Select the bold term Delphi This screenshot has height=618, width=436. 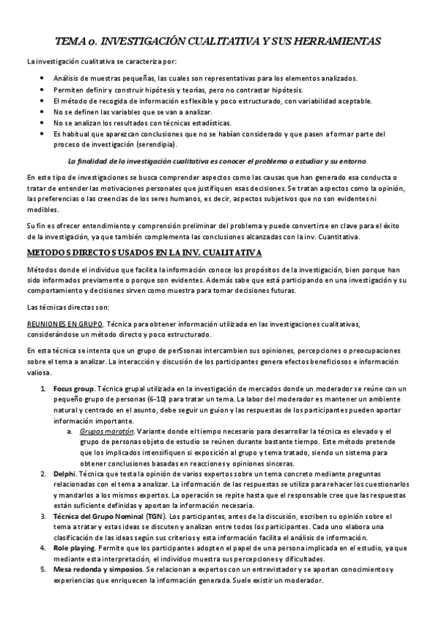click(x=64, y=474)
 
